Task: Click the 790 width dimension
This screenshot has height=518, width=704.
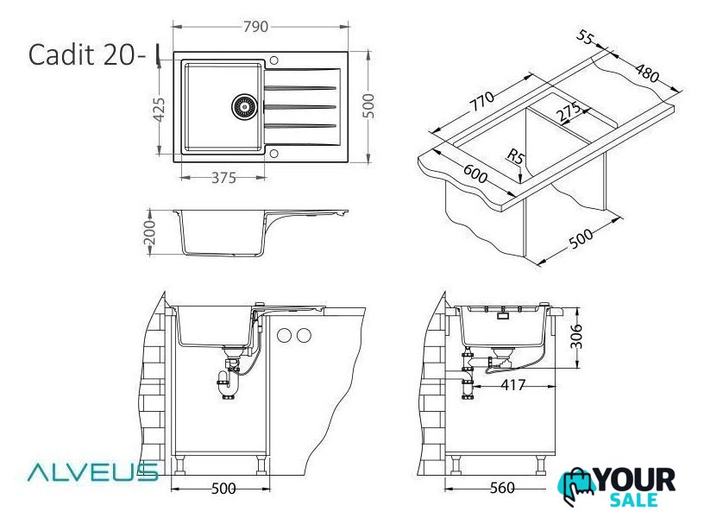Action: pyautogui.click(x=255, y=27)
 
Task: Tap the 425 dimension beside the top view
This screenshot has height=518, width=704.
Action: pyautogui.click(x=160, y=110)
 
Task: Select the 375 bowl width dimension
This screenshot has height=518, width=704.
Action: pyautogui.click(x=223, y=178)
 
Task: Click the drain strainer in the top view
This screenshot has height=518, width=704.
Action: pyautogui.click(x=244, y=106)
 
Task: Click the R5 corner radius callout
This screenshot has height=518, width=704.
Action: pyautogui.click(x=516, y=156)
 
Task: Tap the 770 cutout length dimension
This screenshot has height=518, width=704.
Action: pyautogui.click(x=481, y=102)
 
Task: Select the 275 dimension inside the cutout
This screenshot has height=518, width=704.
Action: pyautogui.click(x=569, y=112)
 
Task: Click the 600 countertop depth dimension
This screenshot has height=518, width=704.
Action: pyautogui.click(x=475, y=174)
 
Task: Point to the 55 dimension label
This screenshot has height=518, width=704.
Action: pyautogui.click(x=585, y=37)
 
